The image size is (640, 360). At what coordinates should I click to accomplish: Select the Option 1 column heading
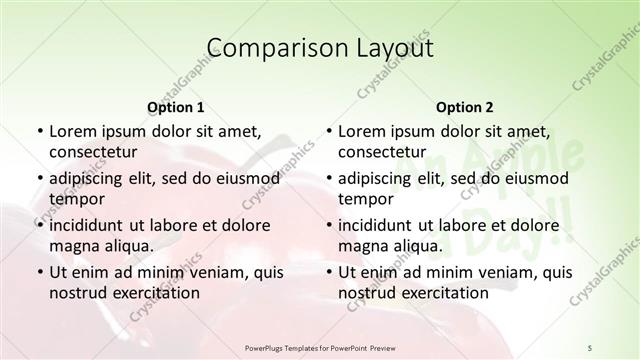176,107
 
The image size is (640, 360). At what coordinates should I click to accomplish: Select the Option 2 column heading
465,107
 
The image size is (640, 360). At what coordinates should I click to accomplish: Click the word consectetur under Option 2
383,152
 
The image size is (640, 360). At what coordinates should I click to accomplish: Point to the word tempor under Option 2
364,198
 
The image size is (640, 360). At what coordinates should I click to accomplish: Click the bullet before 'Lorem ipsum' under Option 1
39,131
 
